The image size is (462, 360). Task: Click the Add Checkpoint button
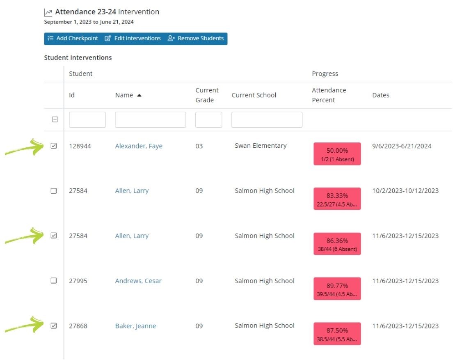73,39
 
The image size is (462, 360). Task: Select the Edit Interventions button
133,39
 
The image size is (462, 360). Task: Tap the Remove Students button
196,39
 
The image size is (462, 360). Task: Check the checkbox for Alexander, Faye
54,146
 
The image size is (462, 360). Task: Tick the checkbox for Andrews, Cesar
54,281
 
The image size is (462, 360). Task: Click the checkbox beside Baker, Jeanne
54,326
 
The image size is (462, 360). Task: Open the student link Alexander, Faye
139,146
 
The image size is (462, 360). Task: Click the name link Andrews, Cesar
138,281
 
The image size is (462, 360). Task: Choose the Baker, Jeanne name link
135,326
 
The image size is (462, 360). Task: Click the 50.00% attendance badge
337,154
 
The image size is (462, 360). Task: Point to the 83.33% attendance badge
337,199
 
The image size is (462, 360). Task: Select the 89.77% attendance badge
337,289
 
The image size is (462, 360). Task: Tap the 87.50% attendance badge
337,334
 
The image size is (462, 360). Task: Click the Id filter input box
87,120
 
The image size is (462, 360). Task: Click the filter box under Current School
267,120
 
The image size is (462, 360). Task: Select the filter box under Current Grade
208,120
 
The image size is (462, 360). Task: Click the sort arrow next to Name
139,95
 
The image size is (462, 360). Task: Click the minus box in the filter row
55,120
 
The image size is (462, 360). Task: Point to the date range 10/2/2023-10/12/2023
405,191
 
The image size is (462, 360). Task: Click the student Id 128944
80,146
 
